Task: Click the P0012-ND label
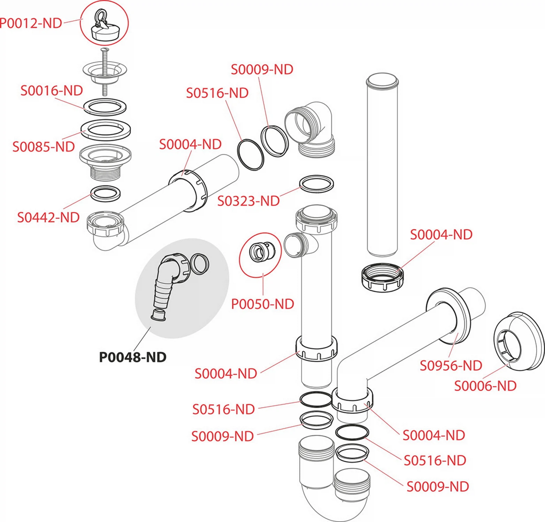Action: pyautogui.click(x=31, y=23)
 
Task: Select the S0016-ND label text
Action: pyautogui.click(x=52, y=90)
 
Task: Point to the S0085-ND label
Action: pyautogui.click(x=44, y=147)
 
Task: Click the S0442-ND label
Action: pyautogui.click(x=48, y=217)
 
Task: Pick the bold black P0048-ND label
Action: pyautogui.click(x=132, y=357)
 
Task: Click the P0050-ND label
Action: pyautogui.click(x=263, y=304)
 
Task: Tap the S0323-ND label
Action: pyautogui.click(x=248, y=201)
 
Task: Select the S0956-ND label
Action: pyautogui.click(x=451, y=366)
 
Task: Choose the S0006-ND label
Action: pyautogui.click(x=485, y=386)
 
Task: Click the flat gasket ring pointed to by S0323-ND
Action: pyautogui.click(x=316, y=184)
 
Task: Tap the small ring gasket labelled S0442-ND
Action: pyautogui.click(x=106, y=194)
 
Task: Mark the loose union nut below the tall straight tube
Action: pyautogui.click(x=382, y=277)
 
